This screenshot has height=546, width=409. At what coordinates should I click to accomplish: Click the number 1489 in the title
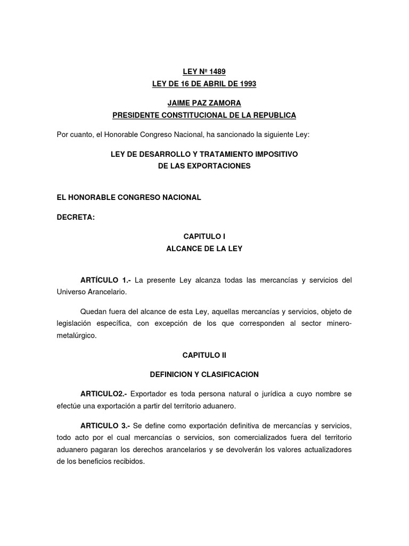pos(218,71)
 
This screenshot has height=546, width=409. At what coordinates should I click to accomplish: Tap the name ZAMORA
pos(219,103)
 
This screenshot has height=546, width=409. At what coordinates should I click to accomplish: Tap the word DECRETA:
pos(76,216)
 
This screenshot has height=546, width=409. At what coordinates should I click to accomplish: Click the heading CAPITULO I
pos(204,236)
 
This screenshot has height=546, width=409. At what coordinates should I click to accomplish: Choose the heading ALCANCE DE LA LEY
pos(204,248)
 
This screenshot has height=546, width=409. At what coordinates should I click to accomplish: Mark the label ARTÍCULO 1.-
pos(105,280)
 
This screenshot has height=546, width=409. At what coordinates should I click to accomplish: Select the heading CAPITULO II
pos(204,355)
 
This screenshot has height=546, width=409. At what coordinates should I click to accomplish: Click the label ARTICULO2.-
pos(103,394)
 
